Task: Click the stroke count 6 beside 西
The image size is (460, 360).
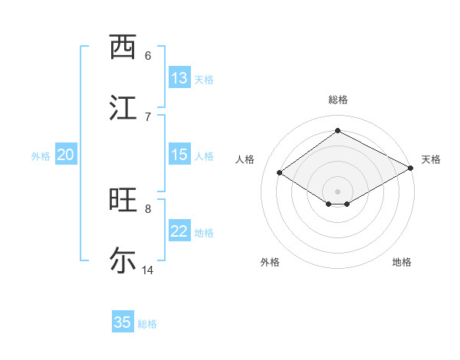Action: click(147, 56)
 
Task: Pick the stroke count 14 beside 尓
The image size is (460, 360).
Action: click(148, 270)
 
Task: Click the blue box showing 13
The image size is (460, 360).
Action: click(179, 78)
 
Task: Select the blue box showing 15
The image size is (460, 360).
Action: click(179, 155)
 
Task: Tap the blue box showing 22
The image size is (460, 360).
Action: click(179, 231)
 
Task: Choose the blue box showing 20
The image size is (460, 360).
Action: click(66, 155)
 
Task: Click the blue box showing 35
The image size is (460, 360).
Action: click(123, 322)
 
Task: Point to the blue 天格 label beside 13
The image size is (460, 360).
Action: click(204, 80)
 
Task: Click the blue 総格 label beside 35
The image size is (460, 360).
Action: click(147, 324)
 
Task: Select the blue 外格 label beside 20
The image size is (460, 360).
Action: click(41, 156)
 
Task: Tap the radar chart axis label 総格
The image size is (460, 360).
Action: click(338, 100)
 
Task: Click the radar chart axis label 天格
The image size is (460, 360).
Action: click(431, 159)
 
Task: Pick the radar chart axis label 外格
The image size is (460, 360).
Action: click(269, 262)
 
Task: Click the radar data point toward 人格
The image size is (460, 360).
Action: click(280, 173)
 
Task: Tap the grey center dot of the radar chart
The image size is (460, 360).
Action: click(338, 191)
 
